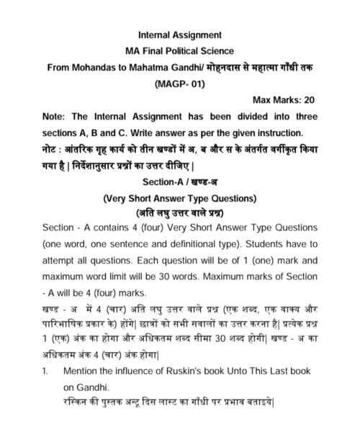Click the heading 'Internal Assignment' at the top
pos(180,34)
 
